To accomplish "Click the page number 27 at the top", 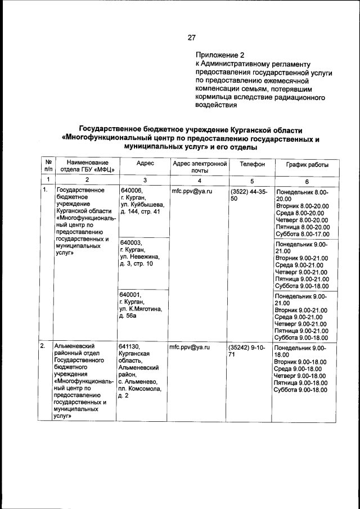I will (x=191, y=38).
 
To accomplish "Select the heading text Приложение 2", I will (x=220, y=55).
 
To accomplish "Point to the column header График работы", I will (x=307, y=164).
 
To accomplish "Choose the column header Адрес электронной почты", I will (x=199, y=166).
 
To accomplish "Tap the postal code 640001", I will (x=131, y=294).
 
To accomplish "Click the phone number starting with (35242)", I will (x=247, y=351).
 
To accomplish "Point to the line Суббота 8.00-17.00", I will (x=301, y=234).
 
